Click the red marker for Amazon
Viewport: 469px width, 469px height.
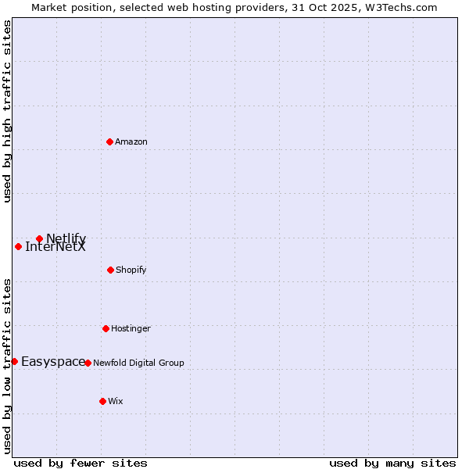click(x=109, y=141)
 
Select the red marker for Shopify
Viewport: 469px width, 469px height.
click(x=110, y=270)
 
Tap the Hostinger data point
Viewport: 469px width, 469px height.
click(x=106, y=328)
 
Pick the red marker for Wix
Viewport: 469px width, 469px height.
click(x=102, y=401)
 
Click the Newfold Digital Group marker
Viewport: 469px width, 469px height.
click(x=88, y=363)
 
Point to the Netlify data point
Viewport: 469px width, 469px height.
click(x=39, y=238)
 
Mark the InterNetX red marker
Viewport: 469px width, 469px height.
click(x=18, y=246)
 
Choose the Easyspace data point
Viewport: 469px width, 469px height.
click(x=14, y=361)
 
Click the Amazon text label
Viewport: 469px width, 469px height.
click(x=131, y=141)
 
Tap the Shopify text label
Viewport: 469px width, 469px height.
click(x=131, y=270)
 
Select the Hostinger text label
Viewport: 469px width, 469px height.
click(x=131, y=328)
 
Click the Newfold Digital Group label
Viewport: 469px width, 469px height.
click(x=138, y=363)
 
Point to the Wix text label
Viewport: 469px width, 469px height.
click(x=116, y=401)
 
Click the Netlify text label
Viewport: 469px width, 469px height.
click(x=66, y=238)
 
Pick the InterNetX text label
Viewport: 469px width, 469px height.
click(x=55, y=247)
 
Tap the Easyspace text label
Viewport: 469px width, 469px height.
click(x=53, y=361)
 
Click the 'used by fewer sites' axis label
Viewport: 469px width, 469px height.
click(x=81, y=463)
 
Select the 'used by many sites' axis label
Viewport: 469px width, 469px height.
click(x=392, y=463)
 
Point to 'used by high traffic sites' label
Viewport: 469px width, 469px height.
click(x=7, y=112)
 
